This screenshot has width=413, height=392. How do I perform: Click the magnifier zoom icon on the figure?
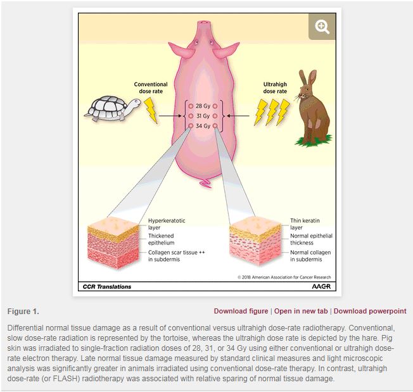click(322, 27)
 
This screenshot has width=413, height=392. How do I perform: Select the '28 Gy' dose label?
click(203, 106)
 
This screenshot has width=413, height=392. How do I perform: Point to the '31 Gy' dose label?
click(203, 116)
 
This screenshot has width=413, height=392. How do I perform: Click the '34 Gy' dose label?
click(203, 126)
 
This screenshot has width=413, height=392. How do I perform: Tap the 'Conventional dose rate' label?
click(151, 88)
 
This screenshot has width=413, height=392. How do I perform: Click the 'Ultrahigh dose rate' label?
click(274, 88)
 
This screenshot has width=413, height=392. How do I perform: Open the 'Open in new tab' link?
click(301, 312)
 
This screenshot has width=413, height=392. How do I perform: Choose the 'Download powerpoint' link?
click(370, 312)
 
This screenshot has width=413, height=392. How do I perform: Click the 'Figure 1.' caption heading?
click(23, 312)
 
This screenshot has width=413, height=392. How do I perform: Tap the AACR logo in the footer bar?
click(321, 286)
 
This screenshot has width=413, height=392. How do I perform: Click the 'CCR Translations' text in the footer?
click(108, 286)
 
